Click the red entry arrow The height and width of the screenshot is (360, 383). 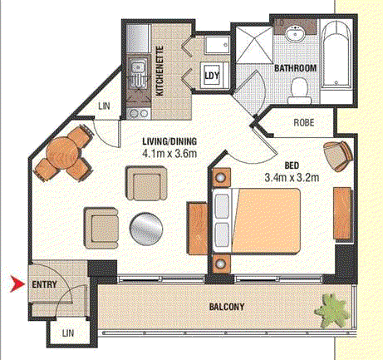[x=17, y=284]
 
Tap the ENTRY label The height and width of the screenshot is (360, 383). [x=44, y=284]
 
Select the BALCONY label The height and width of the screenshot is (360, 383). [x=227, y=307]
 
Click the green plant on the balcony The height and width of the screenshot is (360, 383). [x=331, y=310]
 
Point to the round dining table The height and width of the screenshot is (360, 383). [x=62, y=153]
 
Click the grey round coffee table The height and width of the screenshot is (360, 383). [x=146, y=229]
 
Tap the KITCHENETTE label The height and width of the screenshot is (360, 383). [x=160, y=72]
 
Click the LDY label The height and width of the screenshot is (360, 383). [x=212, y=76]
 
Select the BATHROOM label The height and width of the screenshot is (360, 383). [x=295, y=68]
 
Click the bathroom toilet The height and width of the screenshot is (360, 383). [x=299, y=91]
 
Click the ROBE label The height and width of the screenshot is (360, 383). [x=304, y=122]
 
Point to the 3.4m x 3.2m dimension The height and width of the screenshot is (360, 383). [x=292, y=177]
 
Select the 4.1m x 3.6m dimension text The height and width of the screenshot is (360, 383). [x=169, y=153]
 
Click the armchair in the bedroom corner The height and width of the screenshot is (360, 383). [x=337, y=155]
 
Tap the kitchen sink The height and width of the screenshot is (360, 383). [x=138, y=72]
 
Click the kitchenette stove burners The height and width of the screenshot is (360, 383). [x=139, y=114]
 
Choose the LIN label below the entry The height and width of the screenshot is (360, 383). [x=68, y=333]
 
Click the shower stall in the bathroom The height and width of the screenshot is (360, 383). [x=254, y=45]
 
